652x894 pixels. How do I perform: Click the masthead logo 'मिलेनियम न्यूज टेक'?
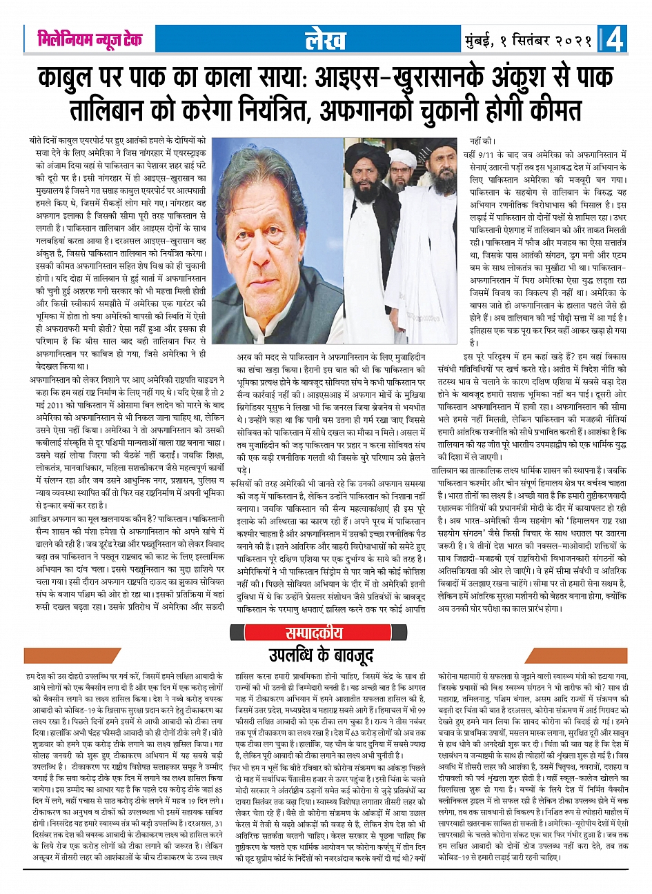[x=90, y=41]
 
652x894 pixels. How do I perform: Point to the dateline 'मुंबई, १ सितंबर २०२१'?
[x=528, y=41]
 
